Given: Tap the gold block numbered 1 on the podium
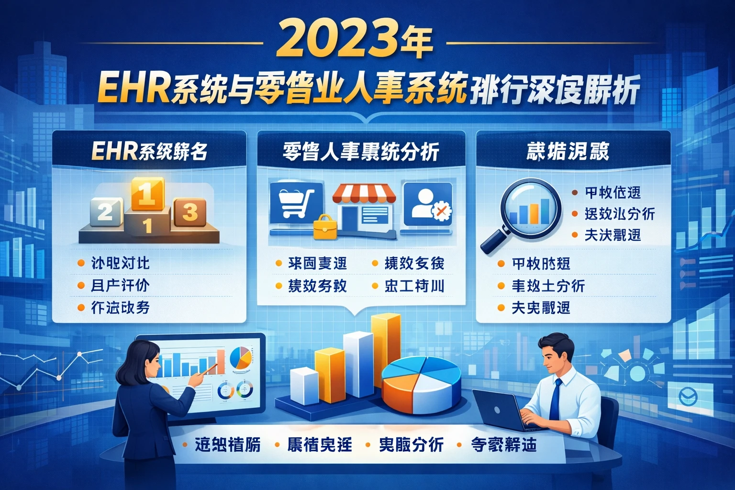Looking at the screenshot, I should point(147,193).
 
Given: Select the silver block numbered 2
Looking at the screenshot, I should point(106,211).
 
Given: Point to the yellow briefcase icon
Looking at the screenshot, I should point(325,227).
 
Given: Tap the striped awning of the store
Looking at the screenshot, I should point(365,193).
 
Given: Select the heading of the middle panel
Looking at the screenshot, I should point(361,152).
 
